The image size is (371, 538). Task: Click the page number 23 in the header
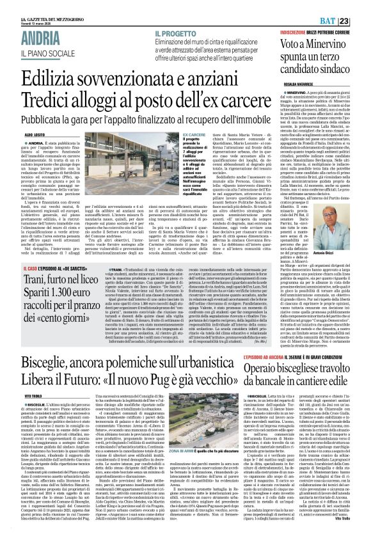coord(362,5)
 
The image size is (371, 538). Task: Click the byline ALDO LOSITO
coord(18,111)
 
